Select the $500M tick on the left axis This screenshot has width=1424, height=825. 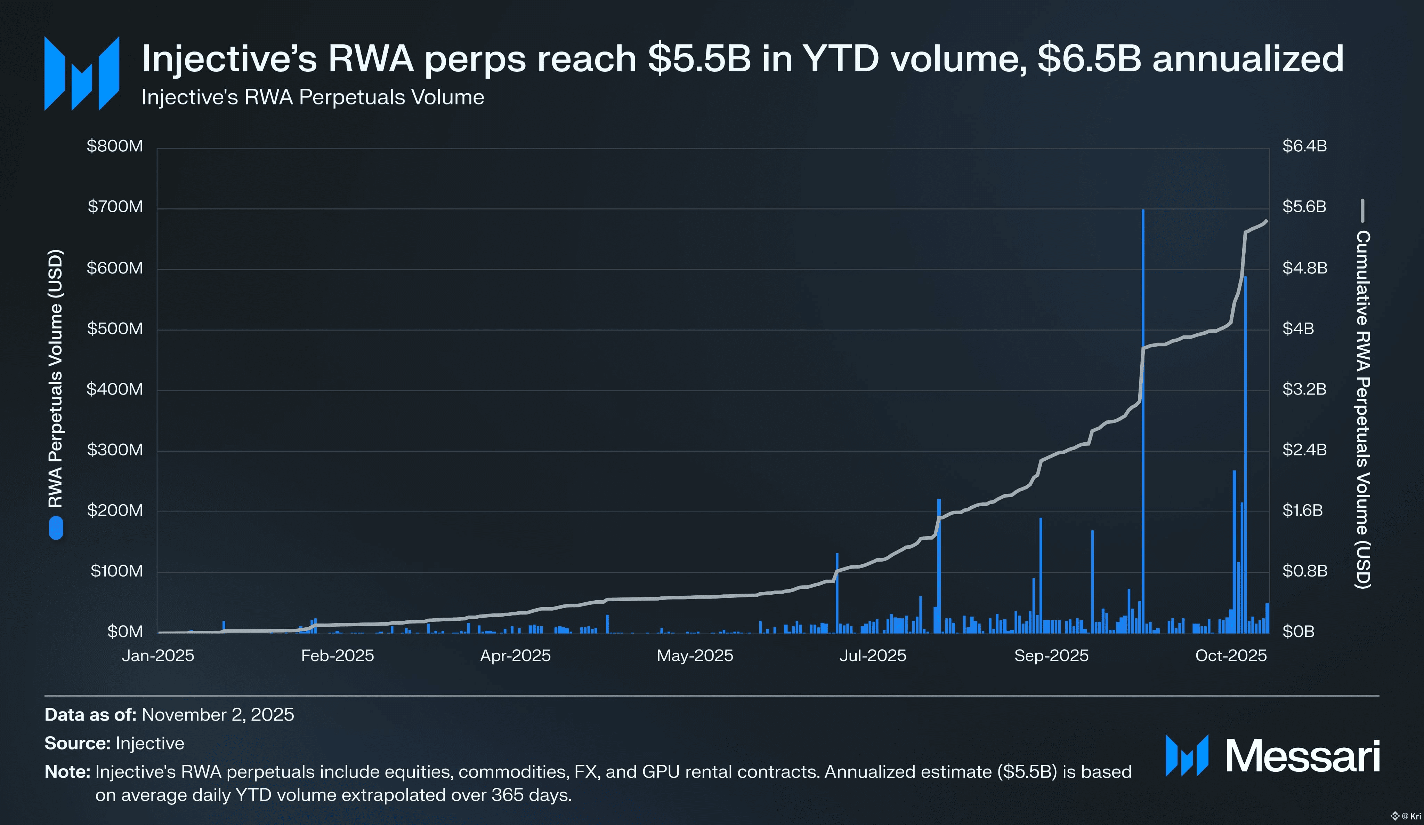tap(115, 328)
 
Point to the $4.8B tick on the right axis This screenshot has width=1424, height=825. tap(1304, 268)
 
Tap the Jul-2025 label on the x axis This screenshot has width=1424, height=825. tap(873, 655)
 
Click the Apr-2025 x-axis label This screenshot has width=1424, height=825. tap(515, 655)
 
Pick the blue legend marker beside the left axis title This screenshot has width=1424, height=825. tap(56, 529)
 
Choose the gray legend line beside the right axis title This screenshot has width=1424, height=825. tap(1362, 211)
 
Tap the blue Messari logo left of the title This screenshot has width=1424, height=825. tap(82, 73)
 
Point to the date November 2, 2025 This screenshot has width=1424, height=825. tap(218, 715)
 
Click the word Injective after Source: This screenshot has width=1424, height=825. tap(150, 743)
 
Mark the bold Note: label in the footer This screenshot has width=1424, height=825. tap(67, 772)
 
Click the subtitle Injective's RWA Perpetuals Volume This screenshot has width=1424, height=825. tap(313, 97)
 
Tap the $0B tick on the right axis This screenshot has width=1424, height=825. tap(1298, 632)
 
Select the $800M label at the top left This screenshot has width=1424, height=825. tap(115, 146)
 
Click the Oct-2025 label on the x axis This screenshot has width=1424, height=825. tap(1231, 655)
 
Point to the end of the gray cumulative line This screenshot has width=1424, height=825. tap(1267, 221)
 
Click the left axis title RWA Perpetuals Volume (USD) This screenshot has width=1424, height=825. tap(55, 379)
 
